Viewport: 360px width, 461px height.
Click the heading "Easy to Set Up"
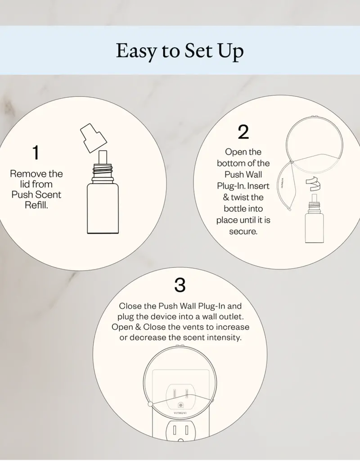click(x=180, y=51)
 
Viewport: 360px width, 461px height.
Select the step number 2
click(x=243, y=132)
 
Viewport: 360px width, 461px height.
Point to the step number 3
click(x=180, y=285)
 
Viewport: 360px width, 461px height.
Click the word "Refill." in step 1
click(x=36, y=205)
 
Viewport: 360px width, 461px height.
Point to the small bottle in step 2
click(x=314, y=219)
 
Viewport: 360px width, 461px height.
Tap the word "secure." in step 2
click(x=243, y=231)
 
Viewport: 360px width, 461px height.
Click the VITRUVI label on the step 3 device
click(x=180, y=413)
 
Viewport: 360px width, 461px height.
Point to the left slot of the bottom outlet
click(x=175, y=430)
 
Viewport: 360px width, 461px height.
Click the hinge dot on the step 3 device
click(x=150, y=404)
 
